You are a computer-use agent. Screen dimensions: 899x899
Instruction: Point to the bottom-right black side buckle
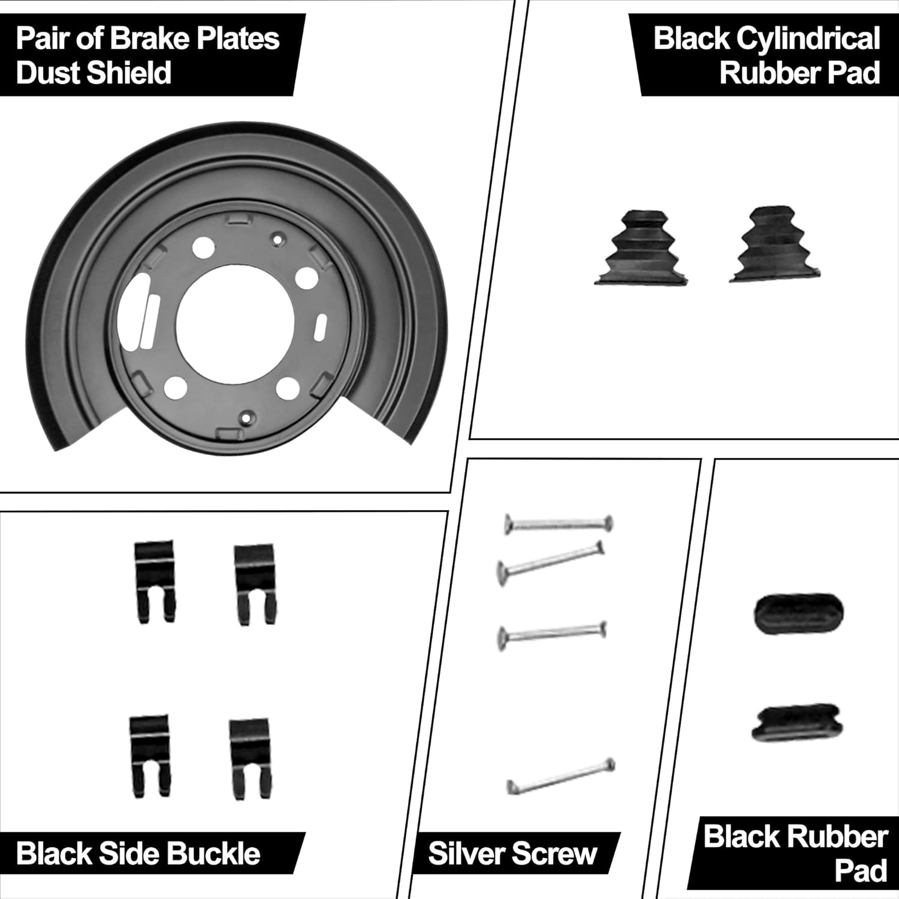[251, 758]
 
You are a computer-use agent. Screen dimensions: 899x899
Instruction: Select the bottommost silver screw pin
[561, 777]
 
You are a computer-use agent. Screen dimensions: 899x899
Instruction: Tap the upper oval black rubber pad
[798, 613]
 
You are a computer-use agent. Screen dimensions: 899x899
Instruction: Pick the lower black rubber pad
[797, 722]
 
